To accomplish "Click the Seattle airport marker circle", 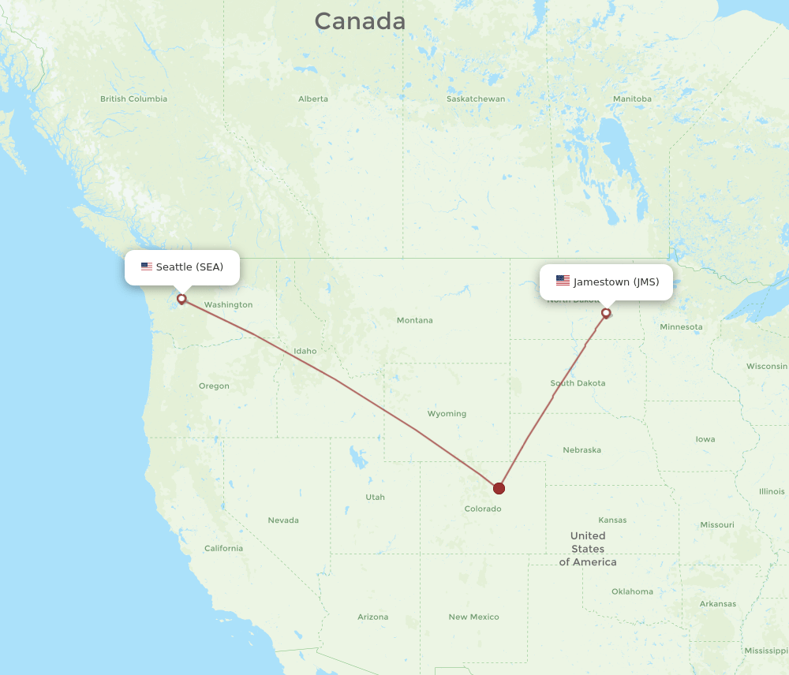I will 181,299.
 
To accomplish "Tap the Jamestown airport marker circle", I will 606,313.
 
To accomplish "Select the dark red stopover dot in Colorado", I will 499,488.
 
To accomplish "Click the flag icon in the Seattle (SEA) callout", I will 147,267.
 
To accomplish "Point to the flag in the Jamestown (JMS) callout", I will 563,281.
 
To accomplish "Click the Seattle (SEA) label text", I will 189,267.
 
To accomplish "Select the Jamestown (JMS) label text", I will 616,282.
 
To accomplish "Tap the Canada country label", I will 360,21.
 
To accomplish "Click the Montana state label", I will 414,320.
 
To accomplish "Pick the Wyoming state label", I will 447,413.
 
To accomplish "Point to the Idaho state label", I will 305,351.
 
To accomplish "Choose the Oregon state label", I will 214,386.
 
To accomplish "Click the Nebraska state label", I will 581,450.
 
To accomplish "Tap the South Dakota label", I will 578,383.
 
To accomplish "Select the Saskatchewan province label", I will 476,99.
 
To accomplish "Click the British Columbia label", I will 133,99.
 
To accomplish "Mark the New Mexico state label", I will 473,617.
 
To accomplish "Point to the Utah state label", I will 375,497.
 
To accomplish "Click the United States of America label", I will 588,549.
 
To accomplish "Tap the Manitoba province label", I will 632,99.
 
